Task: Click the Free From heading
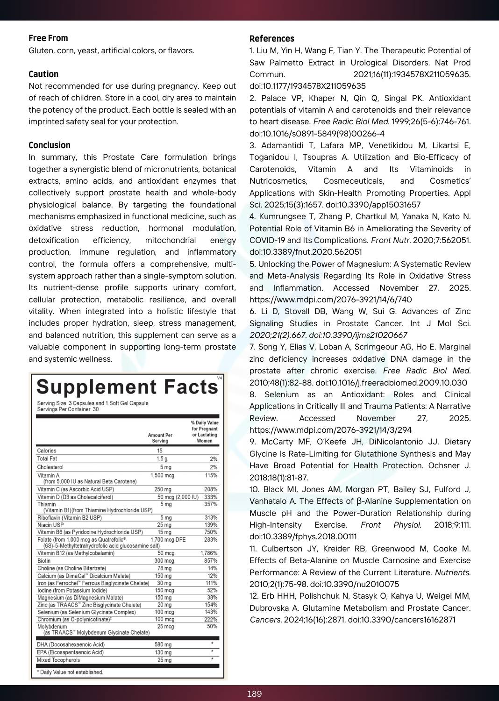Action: (x=48, y=38)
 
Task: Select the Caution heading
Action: (x=43, y=74)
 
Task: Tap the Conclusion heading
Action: (x=50, y=145)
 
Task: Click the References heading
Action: (x=272, y=39)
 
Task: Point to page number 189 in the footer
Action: (x=254, y=694)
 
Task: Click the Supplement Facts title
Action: (x=127, y=387)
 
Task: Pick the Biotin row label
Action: (x=44, y=561)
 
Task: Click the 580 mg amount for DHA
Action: (x=163, y=644)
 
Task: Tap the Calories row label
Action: (x=47, y=451)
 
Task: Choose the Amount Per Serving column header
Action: (x=160, y=438)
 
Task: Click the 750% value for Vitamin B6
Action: (x=211, y=532)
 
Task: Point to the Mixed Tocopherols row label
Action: (x=58, y=660)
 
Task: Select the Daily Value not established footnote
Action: (x=70, y=672)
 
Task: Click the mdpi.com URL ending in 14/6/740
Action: (x=331, y=300)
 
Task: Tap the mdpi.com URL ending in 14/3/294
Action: (x=331, y=430)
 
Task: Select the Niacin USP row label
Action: (x=50, y=525)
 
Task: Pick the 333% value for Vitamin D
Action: (x=211, y=497)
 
